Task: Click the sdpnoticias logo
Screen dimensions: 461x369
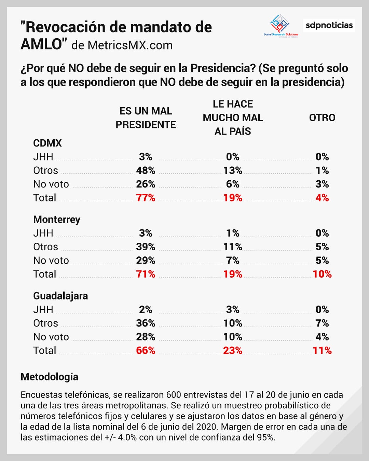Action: point(329,25)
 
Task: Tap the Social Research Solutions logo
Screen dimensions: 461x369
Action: point(281,25)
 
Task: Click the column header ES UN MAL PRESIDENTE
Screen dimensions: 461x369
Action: point(146,118)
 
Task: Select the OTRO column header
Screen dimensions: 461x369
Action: point(322,118)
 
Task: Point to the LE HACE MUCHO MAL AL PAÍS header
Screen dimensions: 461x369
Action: point(233,117)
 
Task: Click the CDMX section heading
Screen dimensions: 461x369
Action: point(47,143)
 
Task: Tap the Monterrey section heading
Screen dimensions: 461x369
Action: point(57,219)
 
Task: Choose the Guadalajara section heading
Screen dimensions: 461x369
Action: point(60,296)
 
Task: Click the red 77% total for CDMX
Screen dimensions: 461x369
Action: point(146,198)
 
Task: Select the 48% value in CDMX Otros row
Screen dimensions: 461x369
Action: point(146,170)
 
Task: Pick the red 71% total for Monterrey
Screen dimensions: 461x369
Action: point(146,274)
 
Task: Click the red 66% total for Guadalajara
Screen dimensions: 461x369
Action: point(146,350)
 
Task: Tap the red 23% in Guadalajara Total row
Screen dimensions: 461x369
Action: point(233,350)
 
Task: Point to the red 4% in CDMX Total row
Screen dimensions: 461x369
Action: point(322,198)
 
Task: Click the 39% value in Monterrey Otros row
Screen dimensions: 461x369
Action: point(146,247)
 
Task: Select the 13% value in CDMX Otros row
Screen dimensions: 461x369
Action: point(233,170)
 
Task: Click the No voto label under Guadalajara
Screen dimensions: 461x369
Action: point(51,337)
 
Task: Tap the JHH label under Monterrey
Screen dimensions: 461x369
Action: point(43,233)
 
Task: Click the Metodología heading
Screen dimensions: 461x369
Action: point(50,377)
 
